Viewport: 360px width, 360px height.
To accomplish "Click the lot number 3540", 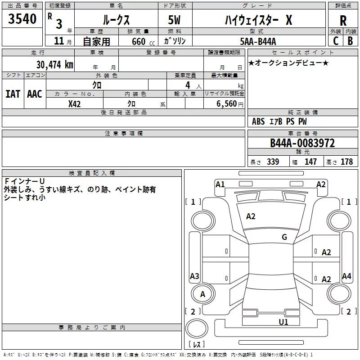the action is point(22,19).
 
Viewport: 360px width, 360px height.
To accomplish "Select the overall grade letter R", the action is point(343,21).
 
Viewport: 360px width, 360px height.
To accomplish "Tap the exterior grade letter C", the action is point(336,41).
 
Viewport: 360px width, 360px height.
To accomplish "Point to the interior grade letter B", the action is point(350,41).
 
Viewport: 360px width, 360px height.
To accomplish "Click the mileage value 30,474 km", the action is point(54,65).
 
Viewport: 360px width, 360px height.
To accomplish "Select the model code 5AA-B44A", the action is point(258,41).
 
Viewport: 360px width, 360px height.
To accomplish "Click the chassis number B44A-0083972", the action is point(302,143).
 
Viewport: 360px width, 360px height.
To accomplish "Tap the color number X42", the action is point(74,104).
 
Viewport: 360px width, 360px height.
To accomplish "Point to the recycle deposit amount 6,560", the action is point(227,104).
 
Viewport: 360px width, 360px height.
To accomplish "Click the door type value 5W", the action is point(174,20).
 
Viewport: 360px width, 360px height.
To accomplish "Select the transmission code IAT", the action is point(13,94).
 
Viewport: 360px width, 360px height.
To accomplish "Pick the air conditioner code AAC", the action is point(35,94).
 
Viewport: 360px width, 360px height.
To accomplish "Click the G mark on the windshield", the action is point(284,237).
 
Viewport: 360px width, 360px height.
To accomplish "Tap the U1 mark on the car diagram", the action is point(283,322).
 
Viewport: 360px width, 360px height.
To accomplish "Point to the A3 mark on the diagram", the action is point(194,276).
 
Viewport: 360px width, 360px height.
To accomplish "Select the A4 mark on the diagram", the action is point(346,276).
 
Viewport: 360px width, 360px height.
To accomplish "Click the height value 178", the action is point(346,162).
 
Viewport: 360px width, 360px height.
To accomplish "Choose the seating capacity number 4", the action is point(188,85).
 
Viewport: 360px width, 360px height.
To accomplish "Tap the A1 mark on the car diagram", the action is point(220,184).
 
